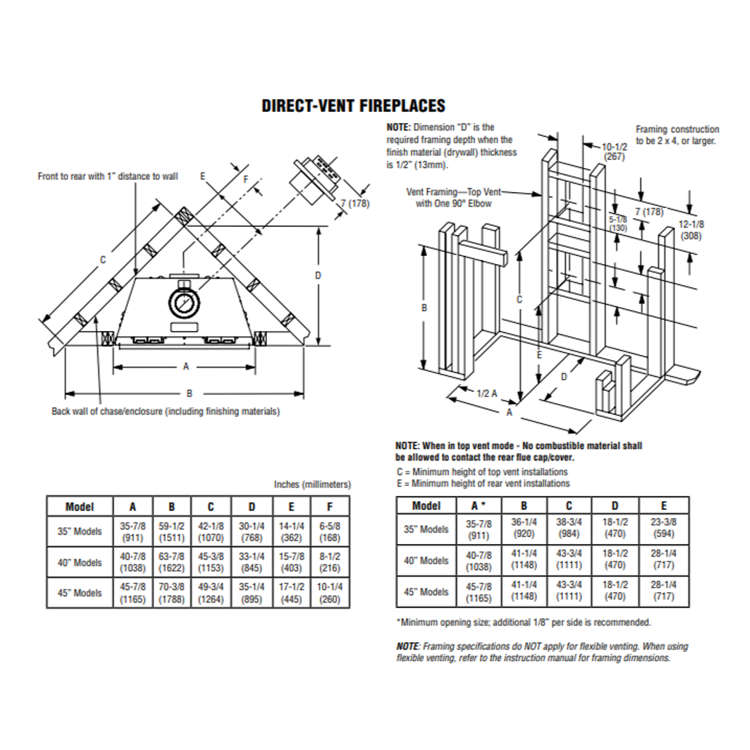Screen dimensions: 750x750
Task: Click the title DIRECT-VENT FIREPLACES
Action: click(x=353, y=106)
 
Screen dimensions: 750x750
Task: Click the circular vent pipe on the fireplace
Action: click(x=183, y=305)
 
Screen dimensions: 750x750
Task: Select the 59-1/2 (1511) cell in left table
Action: click(x=172, y=530)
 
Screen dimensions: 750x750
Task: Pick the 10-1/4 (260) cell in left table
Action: click(x=330, y=592)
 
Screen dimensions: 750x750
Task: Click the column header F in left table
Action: click(x=330, y=506)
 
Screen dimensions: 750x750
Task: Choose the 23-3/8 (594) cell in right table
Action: click(x=663, y=529)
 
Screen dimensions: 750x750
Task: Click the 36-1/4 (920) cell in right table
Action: click(x=524, y=529)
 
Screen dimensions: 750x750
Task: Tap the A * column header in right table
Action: click(x=479, y=506)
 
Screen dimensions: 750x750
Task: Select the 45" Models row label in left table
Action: click(x=80, y=592)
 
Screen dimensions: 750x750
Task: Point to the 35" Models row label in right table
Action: click(x=426, y=529)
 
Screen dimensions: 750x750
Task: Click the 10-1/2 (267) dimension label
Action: click(x=610, y=151)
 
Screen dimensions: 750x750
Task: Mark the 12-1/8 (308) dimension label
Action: click(x=692, y=230)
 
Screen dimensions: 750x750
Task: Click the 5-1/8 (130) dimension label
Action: click(x=617, y=223)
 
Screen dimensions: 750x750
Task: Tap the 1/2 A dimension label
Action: click(x=487, y=393)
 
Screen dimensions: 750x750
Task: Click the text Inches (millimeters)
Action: click(x=312, y=484)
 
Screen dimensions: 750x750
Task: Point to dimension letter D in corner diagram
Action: click(x=318, y=276)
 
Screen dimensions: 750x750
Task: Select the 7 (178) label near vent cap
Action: click(x=355, y=204)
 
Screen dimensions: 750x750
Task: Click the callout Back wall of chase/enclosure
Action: click(x=165, y=412)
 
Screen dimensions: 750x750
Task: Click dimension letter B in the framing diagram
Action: click(x=424, y=308)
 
